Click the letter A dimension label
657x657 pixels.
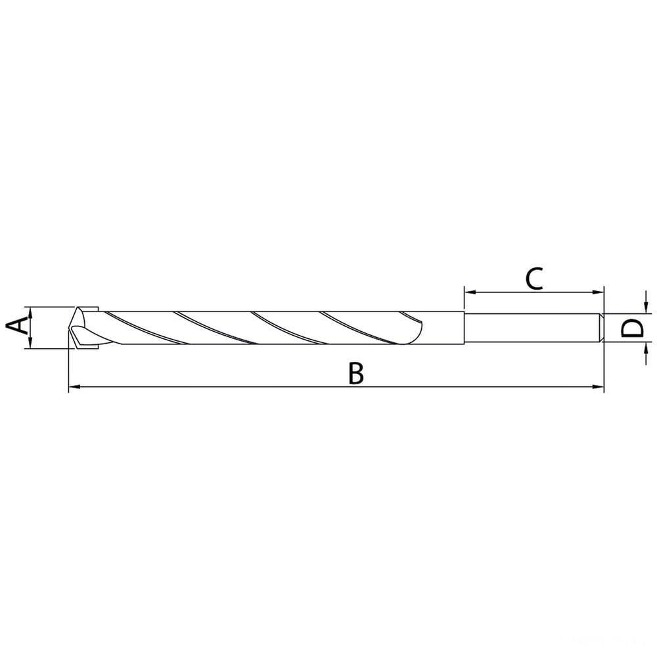[x=18, y=326]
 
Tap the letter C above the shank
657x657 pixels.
[x=534, y=279]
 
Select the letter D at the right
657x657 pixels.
[x=632, y=328]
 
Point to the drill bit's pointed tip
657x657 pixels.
[x=70, y=327]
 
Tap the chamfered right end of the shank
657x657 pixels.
[x=601, y=328]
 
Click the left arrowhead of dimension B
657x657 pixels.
[x=74, y=387]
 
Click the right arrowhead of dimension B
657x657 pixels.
[x=599, y=387]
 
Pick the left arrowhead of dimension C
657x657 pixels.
[x=470, y=292]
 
